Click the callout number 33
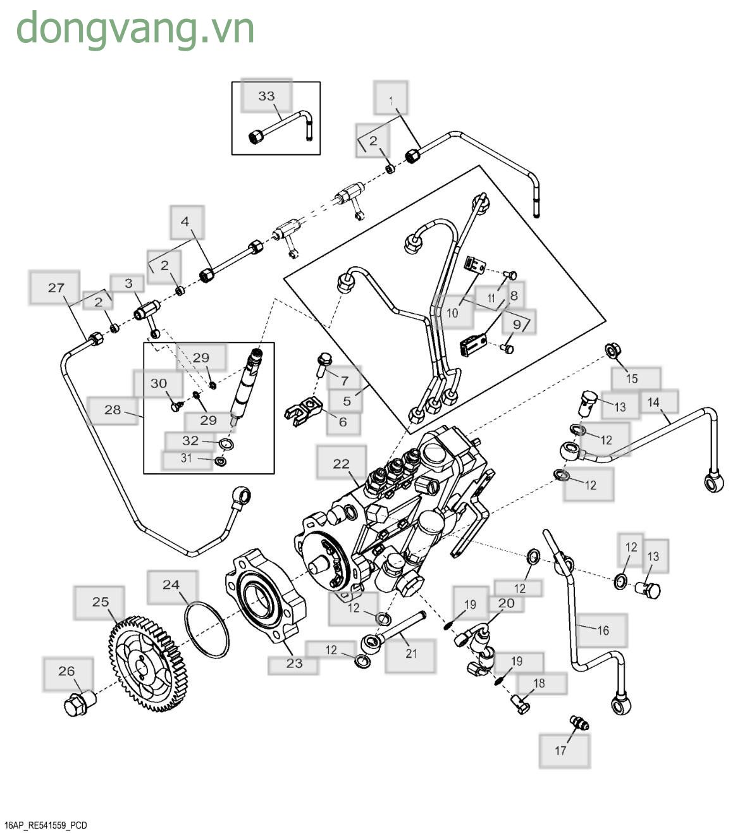tap(266, 96)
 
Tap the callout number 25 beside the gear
tap(100, 602)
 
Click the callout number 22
tap(341, 464)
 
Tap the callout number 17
tap(560, 751)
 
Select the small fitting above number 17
tap(579, 722)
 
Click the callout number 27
tap(56, 288)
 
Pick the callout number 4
tap(185, 221)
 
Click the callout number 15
tap(632, 379)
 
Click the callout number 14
tap(653, 402)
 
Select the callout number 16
tap(603, 630)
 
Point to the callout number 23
tap(294, 663)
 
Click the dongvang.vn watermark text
tap(135, 29)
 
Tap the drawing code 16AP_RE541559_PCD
tap(46, 825)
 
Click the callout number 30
tap(159, 383)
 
